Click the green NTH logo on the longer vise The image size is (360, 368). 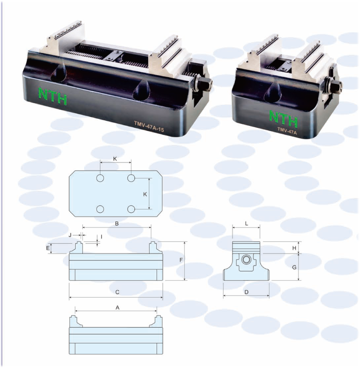[53, 96]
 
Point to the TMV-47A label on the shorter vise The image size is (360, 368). [287, 131]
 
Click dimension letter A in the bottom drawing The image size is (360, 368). [118, 307]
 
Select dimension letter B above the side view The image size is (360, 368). [117, 224]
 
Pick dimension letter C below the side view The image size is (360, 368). [117, 292]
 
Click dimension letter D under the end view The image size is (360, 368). [246, 292]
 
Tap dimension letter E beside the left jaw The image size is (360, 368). [48, 248]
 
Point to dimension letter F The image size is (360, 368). [181, 260]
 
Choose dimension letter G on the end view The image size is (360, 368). [294, 267]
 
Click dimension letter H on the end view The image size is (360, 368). [294, 248]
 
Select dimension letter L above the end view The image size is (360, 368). [247, 224]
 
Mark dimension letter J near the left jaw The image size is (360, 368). [70, 235]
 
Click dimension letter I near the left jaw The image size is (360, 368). [101, 237]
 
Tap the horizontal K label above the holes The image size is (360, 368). [115, 159]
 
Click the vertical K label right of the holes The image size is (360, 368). [145, 194]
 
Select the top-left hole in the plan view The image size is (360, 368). [100, 178]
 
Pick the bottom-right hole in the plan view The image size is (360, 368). [131, 209]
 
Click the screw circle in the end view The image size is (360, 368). [246, 260]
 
